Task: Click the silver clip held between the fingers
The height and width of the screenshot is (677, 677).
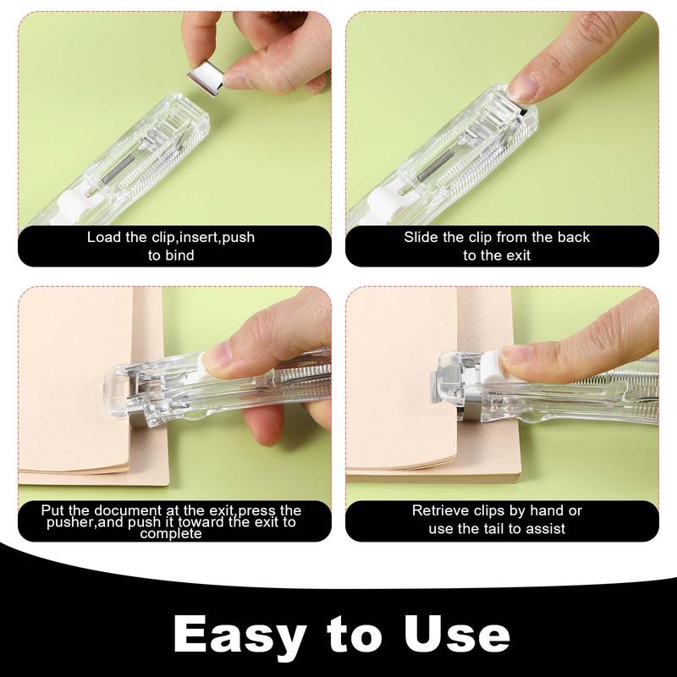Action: pyautogui.click(x=206, y=76)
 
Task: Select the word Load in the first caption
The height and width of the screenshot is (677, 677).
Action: pyautogui.click(x=103, y=237)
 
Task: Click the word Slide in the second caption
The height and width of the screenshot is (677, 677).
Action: pyautogui.click(x=421, y=237)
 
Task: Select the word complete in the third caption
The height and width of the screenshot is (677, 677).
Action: pyautogui.click(x=171, y=534)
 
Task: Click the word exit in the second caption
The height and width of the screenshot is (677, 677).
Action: pyautogui.click(x=515, y=255)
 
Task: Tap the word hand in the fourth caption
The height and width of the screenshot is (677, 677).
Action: pyautogui.click(x=543, y=510)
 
